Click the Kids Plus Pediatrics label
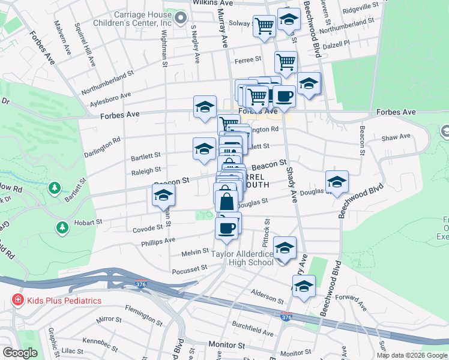pos(63,300)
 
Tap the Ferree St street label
pos(248,59)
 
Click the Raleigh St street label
pos(146,170)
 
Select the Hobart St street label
pos(88,222)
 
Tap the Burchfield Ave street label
pos(254,332)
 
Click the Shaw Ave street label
pos(396,137)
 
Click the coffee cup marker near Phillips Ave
pos(226,228)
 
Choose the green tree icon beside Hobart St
pos(62,227)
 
